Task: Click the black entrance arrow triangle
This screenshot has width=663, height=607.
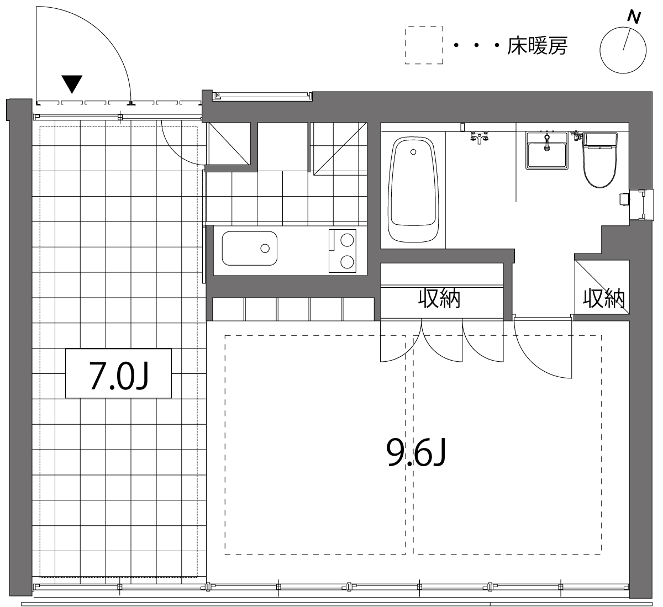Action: (72, 84)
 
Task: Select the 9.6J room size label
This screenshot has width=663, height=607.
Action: (416, 452)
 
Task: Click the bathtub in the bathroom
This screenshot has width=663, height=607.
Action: (413, 190)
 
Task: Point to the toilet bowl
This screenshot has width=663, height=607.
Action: (600, 160)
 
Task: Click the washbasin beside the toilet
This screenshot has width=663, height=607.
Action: (547, 151)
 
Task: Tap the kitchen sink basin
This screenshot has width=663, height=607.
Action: (250, 248)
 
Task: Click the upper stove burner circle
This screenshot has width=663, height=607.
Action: (347, 240)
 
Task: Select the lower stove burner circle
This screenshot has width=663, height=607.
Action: (347, 262)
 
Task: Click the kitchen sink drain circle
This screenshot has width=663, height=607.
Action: (265, 249)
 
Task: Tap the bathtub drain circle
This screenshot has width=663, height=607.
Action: (413, 152)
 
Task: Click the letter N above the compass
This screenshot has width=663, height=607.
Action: (634, 17)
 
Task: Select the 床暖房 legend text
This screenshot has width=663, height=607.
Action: (537, 46)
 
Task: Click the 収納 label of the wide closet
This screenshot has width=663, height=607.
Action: (439, 298)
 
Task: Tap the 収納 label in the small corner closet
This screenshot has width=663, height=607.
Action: (603, 298)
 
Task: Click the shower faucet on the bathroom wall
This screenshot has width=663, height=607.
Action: (479, 137)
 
